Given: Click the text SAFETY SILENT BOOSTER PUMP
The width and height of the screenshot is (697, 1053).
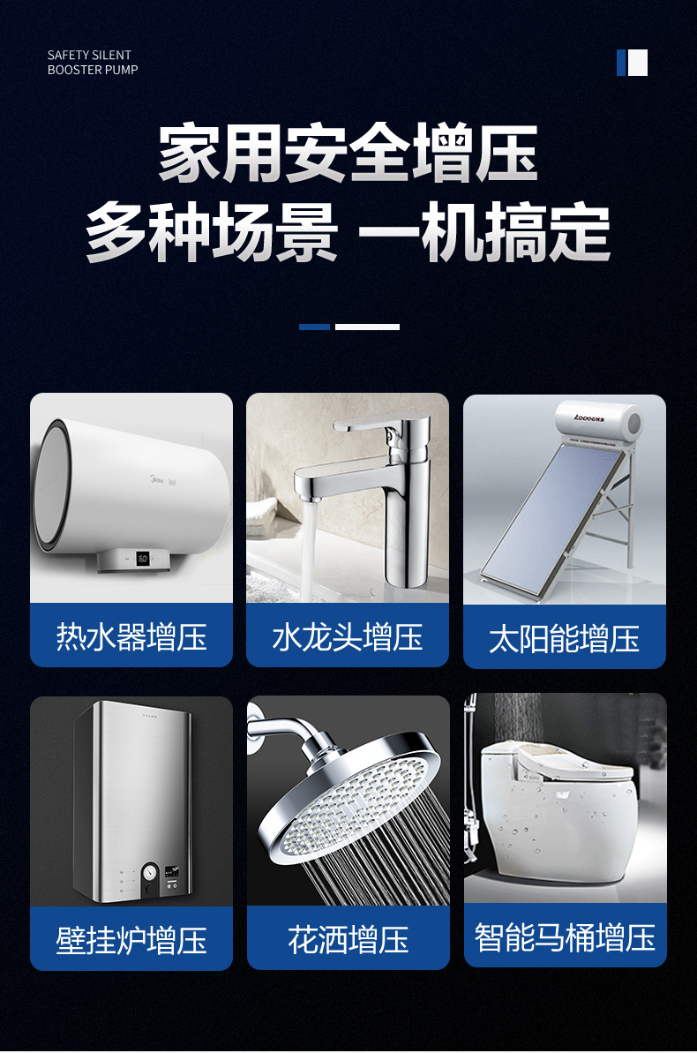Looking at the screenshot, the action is pyautogui.click(x=93, y=63).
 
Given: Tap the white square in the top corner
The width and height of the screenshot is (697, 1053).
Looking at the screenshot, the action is pyautogui.click(x=637, y=63).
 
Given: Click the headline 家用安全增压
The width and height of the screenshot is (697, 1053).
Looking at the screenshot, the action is pyautogui.click(x=348, y=153).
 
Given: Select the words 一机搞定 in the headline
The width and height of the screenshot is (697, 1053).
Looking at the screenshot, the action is pyautogui.click(x=484, y=232).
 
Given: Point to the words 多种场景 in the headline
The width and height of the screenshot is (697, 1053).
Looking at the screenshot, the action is pyautogui.click(x=212, y=232).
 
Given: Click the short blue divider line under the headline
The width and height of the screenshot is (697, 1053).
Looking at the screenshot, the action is pyautogui.click(x=314, y=327).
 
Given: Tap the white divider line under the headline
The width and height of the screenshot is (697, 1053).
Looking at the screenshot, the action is pyautogui.click(x=367, y=327).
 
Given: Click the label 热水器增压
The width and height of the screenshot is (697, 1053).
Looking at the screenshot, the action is pyautogui.click(x=131, y=636).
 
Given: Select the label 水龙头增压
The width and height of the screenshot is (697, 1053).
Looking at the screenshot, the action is pyautogui.click(x=348, y=636).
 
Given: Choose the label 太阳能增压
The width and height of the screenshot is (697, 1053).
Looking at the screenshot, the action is pyautogui.click(x=564, y=638).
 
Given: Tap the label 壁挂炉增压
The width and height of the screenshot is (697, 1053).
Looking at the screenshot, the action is pyautogui.click(x=131, y=939).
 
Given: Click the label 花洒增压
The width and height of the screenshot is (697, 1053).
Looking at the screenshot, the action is pyautogui.click(x=348, y=939).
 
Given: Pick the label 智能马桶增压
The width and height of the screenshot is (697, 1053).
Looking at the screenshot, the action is pyautogui.click(x=565, y=936).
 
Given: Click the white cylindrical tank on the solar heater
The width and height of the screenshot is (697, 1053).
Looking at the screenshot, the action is pyautogui.click(x=597, y=422).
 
